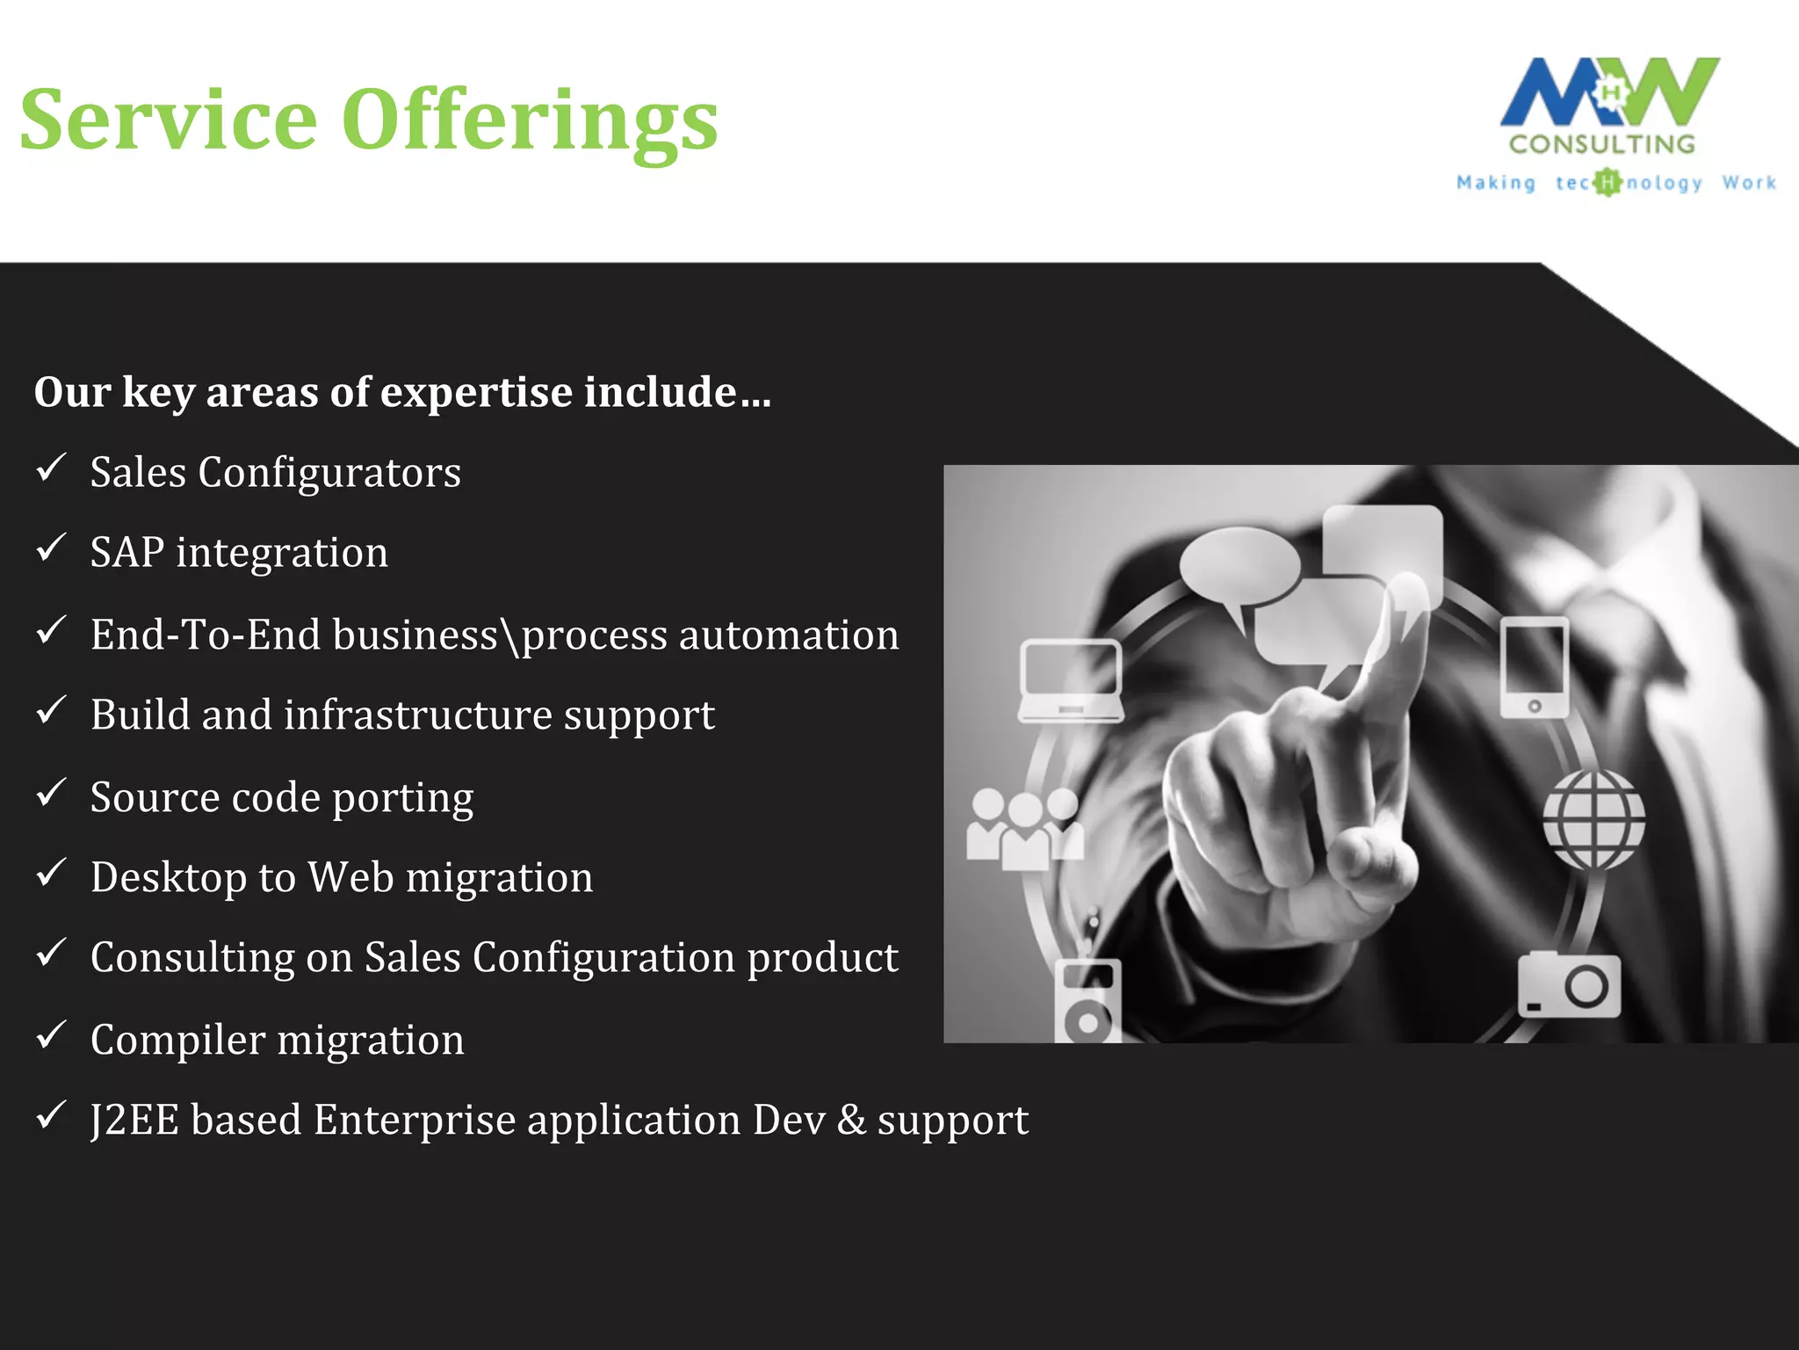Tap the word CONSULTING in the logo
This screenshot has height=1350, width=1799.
tap(1602, 144)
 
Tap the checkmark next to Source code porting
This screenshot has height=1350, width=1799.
tap(51, 793)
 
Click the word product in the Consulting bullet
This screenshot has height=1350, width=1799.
tap(822, 958)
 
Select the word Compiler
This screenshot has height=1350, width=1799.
tap(177, 1040)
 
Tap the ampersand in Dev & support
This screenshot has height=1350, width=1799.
tap(851, 1121)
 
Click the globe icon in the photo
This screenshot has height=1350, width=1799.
tap(1594, 820)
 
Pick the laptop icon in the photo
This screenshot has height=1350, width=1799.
tap(1070, 681)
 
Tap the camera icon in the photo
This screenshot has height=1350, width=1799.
tap(1570, 985)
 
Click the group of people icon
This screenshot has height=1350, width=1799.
tap(1024, 829)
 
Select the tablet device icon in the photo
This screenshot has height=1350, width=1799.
tap(1534, 667)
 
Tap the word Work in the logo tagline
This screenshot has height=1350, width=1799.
tap(1749, 183)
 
